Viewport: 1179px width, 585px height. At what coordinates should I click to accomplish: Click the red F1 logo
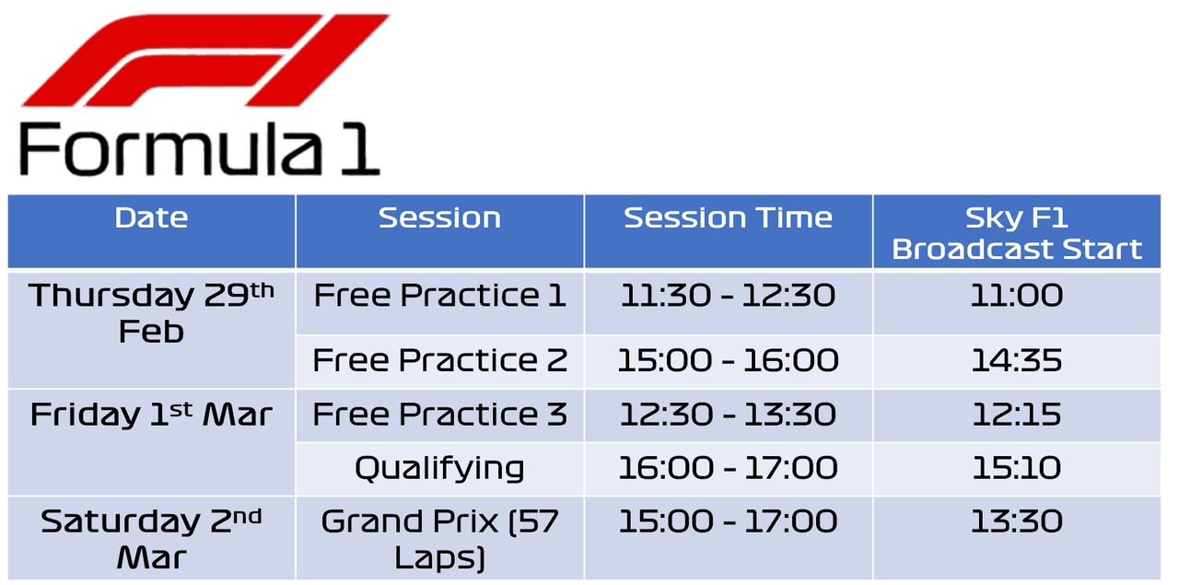click(205, 60)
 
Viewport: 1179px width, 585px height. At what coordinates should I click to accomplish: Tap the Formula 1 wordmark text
click(200, 149)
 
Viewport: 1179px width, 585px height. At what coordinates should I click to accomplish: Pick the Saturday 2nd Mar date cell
click(152, 539)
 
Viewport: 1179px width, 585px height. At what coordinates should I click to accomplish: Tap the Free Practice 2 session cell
click(439, 361)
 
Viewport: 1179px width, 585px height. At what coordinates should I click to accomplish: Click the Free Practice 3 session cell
click(439, 415)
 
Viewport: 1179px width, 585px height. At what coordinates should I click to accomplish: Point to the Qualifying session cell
click(439, 469)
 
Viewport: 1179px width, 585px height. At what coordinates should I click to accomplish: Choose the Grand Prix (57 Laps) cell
click(439, 539)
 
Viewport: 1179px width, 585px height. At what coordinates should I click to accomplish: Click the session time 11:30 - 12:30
click(728, 296)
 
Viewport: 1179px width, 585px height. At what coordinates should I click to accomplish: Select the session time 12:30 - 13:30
click(728, 415)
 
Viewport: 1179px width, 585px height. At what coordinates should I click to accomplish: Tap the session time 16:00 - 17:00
click(728, 468)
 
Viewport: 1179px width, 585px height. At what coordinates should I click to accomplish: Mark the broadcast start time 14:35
click(1016, 361)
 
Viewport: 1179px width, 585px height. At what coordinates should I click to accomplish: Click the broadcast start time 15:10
click(1016, 468)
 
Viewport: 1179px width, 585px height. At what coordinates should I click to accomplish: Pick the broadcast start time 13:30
click(1016, 521)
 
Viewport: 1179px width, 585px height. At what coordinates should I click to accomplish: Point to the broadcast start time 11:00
click(1016, 296)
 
